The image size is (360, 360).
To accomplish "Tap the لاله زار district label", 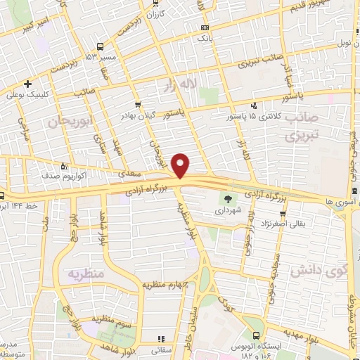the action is pyautogui.click(x=218, y=84).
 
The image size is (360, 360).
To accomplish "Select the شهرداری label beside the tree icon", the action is pyautogui.click(x=226, y=210).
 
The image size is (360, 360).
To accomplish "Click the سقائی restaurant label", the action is pyautogui.click(x=165, y=348).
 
